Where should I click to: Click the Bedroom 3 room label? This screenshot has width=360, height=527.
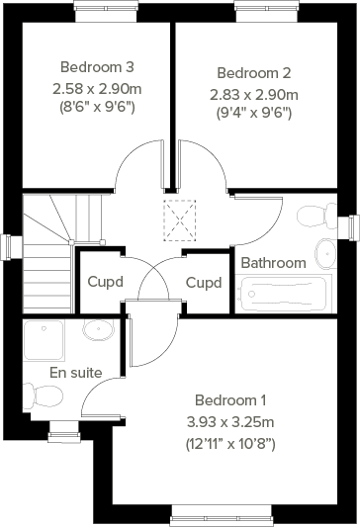97,67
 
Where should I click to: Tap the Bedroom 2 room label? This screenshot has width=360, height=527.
253,73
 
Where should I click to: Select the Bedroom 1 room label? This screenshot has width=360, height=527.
230,400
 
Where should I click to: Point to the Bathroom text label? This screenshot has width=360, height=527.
273,263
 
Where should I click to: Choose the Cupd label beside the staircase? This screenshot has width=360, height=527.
106,282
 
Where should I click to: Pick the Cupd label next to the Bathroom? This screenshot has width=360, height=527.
203,282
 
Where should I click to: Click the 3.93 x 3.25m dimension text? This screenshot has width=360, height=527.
231,422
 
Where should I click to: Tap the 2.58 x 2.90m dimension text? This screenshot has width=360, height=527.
97,88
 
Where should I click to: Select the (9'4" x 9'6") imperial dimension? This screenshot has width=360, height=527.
253,113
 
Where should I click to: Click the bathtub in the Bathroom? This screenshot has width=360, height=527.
283,293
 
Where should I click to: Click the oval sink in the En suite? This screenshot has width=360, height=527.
98,329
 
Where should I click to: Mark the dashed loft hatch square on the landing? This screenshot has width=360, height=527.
181,220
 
